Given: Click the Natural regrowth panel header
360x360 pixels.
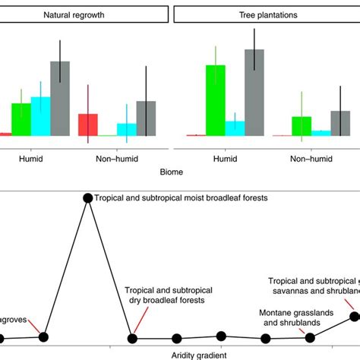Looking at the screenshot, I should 84,14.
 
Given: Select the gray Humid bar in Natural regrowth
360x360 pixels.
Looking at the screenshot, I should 59,98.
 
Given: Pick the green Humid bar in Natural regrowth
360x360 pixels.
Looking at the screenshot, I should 21,119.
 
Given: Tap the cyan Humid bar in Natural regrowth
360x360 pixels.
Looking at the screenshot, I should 40,116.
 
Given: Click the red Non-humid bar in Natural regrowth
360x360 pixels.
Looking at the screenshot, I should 89,125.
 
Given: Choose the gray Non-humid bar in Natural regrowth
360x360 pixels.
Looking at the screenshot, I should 146,118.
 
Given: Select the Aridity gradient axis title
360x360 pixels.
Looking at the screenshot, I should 180,353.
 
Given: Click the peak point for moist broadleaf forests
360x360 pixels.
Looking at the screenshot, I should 87,198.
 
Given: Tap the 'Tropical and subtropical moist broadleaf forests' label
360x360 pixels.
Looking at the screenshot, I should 182,198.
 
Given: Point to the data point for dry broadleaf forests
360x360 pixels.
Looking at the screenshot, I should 132,338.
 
